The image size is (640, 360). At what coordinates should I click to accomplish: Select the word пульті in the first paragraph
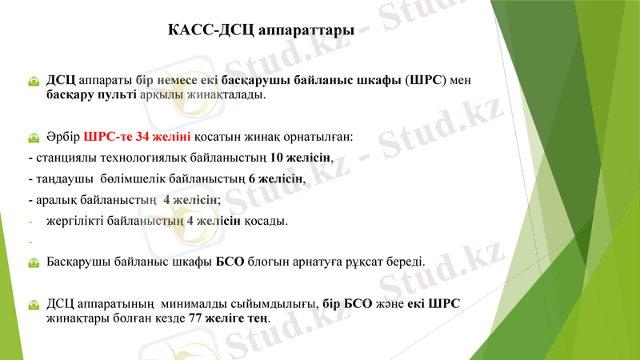tap(118, 95)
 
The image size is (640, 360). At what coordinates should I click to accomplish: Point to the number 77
tap(196, 318)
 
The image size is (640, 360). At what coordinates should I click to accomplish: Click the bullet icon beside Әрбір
tap(33, 138)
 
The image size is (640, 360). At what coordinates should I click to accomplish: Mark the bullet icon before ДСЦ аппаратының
tap(33, 304)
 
